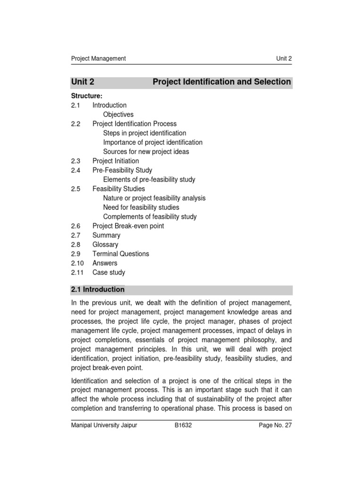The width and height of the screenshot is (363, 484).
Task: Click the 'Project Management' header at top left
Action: click(x=98, y=59)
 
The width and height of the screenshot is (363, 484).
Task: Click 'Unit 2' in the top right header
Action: click(x=284, y=59)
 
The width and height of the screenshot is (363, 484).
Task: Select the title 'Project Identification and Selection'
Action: click(x=222, y=82)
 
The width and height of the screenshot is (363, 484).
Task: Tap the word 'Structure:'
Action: click(x=86, y=96)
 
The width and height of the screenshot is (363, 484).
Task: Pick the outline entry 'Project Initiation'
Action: click(x=115, y=161)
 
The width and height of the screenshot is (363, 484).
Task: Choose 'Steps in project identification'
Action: click(x=145, y=133)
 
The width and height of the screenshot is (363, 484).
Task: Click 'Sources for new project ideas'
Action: click(x=146, y=152)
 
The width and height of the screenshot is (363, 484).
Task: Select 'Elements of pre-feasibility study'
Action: click(x=149, y=180)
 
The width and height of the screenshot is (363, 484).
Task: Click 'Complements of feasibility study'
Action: click(x=150, y=216)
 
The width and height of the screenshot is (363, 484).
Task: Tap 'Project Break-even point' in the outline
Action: click(x=128, y=226)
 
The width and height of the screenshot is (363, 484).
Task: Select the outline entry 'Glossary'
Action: click(x=105, y=244)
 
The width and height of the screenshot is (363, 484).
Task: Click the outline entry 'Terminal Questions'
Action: click(x=121, y=254)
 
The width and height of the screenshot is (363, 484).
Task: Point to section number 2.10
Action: click(x=78, y=263)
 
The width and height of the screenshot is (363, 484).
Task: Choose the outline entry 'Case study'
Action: click(x=109, y=272)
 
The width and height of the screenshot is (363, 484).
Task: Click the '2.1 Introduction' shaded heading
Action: click(x=98, y=289)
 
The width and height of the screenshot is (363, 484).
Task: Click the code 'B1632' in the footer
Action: click(x=183, y=425)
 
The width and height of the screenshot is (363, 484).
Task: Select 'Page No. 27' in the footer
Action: click(x=275, y=425)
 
